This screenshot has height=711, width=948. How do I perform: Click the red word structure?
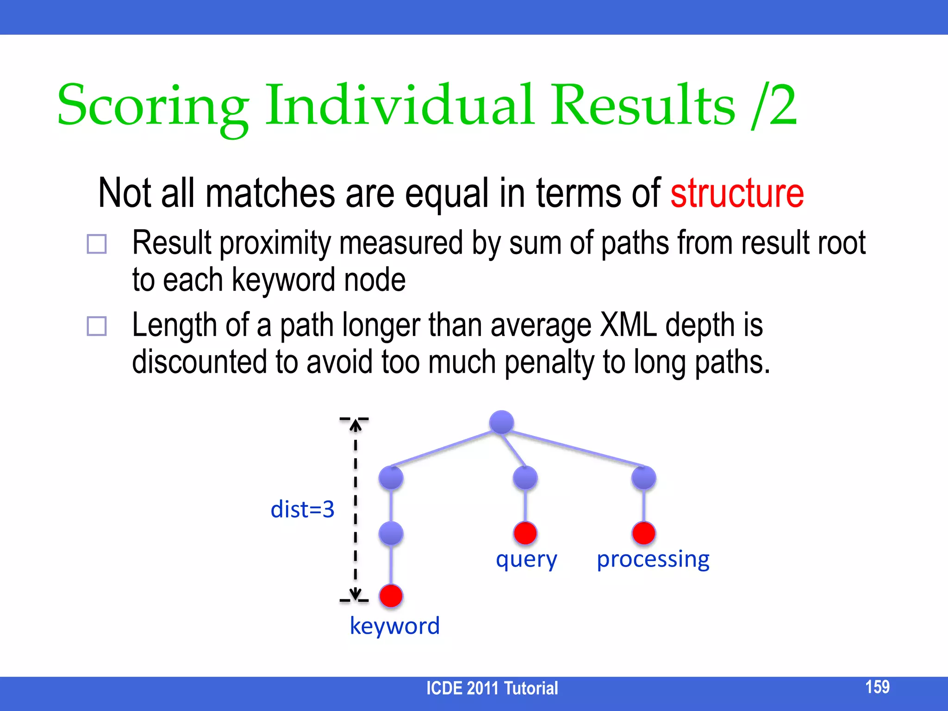tap(737, 193)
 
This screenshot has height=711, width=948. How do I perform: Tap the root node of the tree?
tap(501, 422)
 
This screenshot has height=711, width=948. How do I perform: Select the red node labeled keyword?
tap(391, 596)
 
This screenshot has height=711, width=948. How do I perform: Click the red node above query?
tap(525, 533)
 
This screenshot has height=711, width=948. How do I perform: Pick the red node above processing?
tap(643, 533)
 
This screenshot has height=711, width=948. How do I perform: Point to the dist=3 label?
tap(302, 510)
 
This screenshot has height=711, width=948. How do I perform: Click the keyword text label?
tap(394, 626)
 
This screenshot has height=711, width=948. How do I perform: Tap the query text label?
tap(526, 560)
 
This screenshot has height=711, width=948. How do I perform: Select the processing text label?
tap(653, 560)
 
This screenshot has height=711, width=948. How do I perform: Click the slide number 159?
tap(877, 687)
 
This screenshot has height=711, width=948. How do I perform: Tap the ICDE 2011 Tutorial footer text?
tap(492, 688)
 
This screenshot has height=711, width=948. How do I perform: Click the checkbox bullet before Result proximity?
tap(97, 244)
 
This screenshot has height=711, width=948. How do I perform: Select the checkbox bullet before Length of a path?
tap(97, 326)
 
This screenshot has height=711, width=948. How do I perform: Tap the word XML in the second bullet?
tap(628, 325)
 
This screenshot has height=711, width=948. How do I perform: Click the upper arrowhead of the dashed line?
tap(355, 425)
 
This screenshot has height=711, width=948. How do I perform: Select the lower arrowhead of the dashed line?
tap(355, 594)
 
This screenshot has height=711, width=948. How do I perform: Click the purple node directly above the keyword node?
tap(391, 534)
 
